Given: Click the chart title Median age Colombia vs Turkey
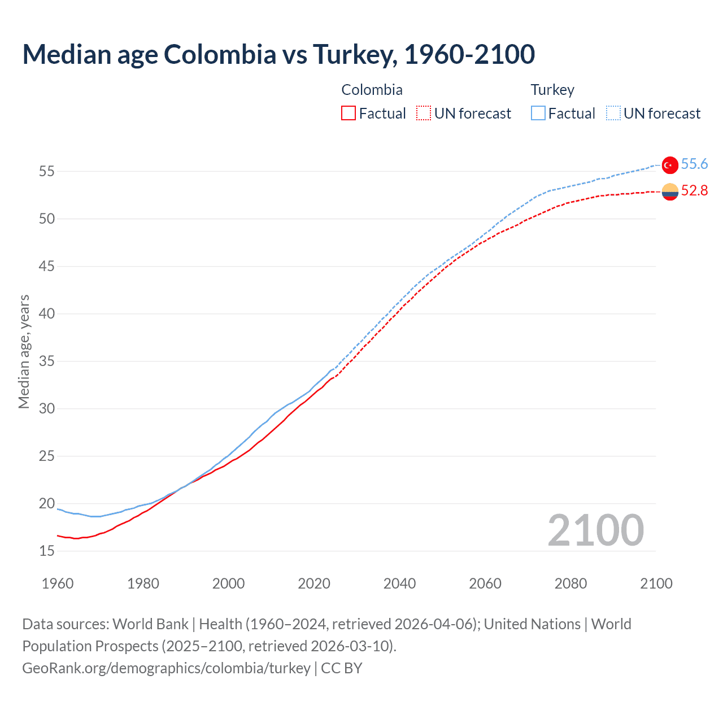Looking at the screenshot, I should click(278, 54).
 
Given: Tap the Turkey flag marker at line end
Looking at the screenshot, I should click(669, 165).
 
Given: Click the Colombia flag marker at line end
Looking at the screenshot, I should click(669, 192).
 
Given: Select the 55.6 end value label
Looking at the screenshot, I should click(694, 164).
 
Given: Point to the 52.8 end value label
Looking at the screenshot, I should click(694, 191).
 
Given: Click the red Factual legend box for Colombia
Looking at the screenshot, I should click(349, 114).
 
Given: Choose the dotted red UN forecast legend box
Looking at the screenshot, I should click(424, 114).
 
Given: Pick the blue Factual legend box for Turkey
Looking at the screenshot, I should click(538, 114).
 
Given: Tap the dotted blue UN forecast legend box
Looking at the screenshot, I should click(613, 114).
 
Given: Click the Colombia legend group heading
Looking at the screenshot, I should click(372, 90).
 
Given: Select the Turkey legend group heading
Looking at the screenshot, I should click(552, 90).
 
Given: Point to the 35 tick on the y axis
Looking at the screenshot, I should click(47, 361).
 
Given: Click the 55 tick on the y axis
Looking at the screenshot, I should click(47, 171).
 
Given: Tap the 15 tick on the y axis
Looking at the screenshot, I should click(47, 551).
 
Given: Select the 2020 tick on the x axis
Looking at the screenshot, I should click(314, 583).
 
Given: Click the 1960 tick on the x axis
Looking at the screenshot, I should click(58, 583).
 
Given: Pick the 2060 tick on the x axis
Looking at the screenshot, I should click(485, 583).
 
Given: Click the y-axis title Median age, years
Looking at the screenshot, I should click(24, 351).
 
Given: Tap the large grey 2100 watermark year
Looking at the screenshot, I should click(595, 530).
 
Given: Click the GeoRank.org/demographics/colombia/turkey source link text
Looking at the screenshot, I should click(166, 668).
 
